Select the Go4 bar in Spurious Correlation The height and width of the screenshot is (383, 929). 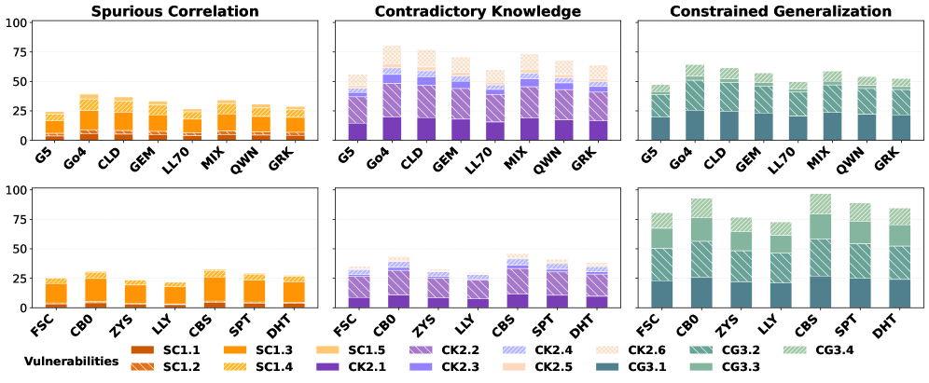pos(89,117)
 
